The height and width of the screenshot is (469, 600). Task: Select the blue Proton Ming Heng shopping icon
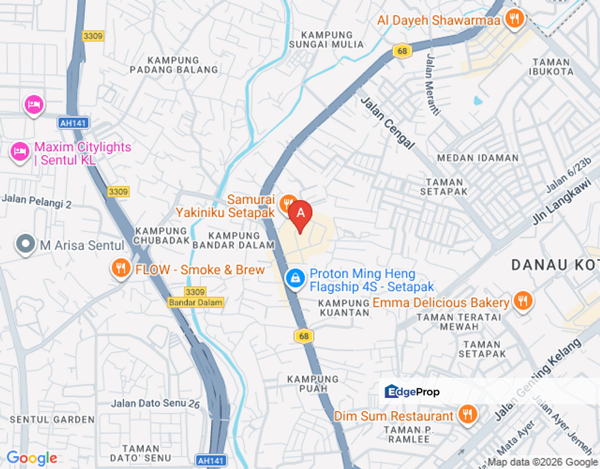(295, 279)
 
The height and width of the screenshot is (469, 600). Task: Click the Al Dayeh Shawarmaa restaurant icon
(514, 19)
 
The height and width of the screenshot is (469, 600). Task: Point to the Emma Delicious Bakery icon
(522, 301)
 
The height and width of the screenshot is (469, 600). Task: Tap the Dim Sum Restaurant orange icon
(467, 414)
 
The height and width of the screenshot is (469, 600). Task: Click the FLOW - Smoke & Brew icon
(120, 267)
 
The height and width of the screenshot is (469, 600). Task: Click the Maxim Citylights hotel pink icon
(20, 152)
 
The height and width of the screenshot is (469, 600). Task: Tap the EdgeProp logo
(413, 391)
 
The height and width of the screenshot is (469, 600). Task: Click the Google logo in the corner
(31, 459)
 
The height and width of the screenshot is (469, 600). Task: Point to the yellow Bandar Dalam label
(195, 302)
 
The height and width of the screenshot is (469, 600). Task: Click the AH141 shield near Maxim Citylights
(72, 122)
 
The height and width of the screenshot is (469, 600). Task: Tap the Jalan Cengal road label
(387, 122)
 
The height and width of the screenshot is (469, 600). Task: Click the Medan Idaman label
(478, 158)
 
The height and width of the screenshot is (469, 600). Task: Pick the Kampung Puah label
(313, 384)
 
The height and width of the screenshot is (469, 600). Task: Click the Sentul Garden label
(52, 419)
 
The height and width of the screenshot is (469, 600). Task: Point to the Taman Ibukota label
(551, 67)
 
